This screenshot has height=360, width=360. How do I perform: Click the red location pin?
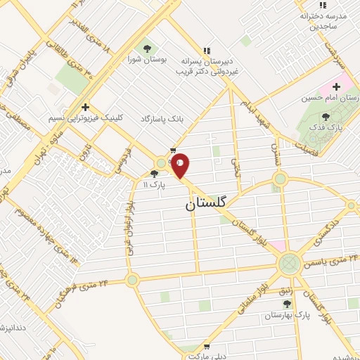click(181, 165)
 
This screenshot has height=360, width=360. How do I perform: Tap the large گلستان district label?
click(206, 204)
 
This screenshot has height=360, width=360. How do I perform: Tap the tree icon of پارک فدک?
click(325, 117)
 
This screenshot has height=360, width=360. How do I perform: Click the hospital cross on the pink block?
click(336, 86)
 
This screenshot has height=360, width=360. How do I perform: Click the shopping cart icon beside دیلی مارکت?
click(205, 347)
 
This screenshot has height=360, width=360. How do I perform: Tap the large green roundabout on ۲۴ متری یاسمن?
click(288, 264)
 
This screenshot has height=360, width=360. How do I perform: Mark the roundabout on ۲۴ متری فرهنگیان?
click(131, 280)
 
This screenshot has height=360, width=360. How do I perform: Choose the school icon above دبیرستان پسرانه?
click(206, 51)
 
